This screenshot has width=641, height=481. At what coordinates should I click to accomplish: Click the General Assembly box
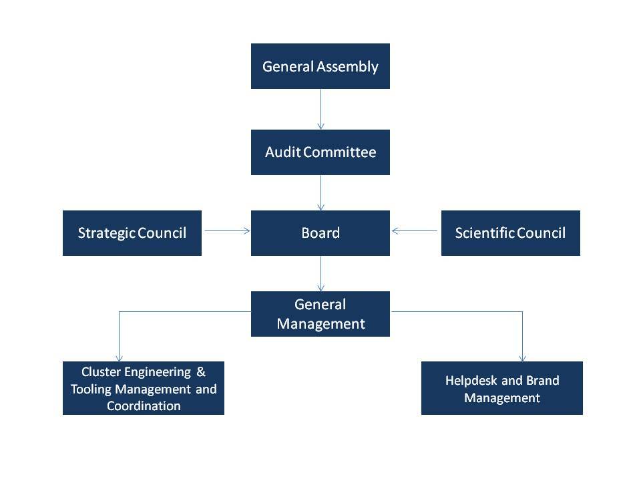(320, 66)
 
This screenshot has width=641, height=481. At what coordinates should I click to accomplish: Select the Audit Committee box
(320, 152)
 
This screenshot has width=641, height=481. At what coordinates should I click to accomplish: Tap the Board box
(320, 233)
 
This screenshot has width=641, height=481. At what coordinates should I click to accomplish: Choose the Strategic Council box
(132, 233)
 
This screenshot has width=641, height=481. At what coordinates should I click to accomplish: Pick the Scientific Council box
(510, 233)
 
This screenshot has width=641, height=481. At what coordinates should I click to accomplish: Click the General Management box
(320, 314)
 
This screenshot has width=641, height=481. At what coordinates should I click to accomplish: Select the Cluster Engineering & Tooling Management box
(144, 388)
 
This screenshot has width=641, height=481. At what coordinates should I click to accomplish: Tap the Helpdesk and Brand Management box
(502, 388)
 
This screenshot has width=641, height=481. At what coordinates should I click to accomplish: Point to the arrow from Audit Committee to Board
(320, 192)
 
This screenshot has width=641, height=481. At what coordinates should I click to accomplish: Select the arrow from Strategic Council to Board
(226, 231)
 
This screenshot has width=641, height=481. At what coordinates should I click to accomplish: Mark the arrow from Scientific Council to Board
(415, 231)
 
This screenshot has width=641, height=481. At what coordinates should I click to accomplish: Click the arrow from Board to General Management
(320, 273)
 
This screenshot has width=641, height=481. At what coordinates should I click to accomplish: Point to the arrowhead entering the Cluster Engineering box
(119, 357)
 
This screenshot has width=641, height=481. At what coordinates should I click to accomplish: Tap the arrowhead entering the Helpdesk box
(522, 357)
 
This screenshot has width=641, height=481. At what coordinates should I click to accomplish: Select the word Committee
(340, 152)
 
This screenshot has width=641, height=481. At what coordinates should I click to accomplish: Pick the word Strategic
(107, 233)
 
